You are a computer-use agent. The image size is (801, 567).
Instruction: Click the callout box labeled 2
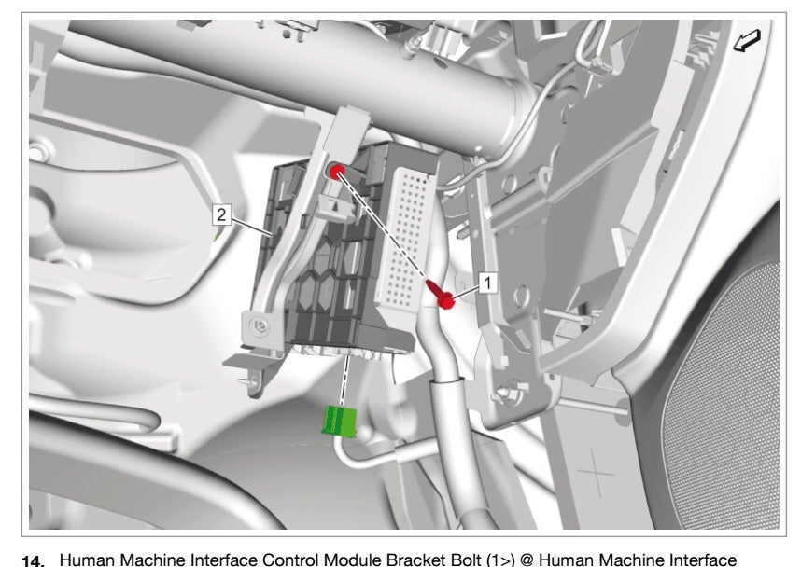tap(221, 214)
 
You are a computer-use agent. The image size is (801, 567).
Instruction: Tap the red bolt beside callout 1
tap(444, 297)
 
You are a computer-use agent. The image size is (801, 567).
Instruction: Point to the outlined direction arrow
tap(749, 42)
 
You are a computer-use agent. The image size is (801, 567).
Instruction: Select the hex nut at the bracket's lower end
tap(260, 325)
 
